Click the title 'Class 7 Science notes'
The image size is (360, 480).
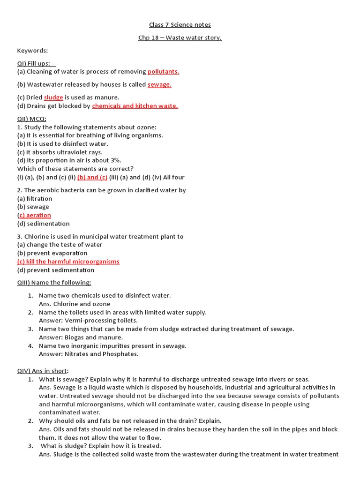[x=180, y=24]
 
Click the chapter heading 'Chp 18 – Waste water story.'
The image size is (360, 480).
[x=180, y=37]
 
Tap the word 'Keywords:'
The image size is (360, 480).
[x=33, y=50]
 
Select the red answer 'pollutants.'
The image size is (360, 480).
[x=163, y=72]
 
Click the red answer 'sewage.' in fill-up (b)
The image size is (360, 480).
[x=159, y=85]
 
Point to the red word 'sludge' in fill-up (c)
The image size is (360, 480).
[x=53, y=97]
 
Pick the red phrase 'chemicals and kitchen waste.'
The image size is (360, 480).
[x=135, y=106]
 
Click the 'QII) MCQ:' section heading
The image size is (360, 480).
[x=32, y=119]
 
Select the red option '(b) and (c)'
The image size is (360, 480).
[x=92, y=177]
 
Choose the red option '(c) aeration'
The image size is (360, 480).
[x=34, y=215]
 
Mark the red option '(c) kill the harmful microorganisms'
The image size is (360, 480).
[x=68, y=262]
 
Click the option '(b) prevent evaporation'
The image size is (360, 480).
[x=52, y=253]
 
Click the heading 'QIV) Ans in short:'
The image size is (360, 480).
[x=43, y=371]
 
